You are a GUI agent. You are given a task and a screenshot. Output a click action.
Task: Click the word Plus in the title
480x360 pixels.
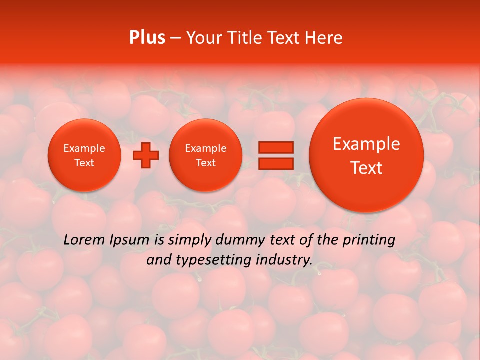tap(147, 38)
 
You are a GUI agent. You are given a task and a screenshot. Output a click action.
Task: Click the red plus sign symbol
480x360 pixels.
tap(145, 155)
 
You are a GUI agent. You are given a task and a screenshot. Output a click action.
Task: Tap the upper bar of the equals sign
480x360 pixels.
tap(275, 147)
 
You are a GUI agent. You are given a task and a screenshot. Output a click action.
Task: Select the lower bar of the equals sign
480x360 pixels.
tap(275, 163)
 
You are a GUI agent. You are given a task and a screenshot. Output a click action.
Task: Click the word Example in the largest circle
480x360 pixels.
tap(366, 144)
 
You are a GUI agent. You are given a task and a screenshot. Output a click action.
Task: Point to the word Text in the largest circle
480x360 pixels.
tap(366, 168)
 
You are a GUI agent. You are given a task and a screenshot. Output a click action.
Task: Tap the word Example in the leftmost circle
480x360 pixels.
tap(84, 148)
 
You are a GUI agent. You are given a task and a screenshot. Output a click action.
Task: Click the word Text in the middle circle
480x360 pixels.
tap(205, 163)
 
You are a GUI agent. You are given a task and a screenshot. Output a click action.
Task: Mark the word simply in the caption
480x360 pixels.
tap(188, 240)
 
